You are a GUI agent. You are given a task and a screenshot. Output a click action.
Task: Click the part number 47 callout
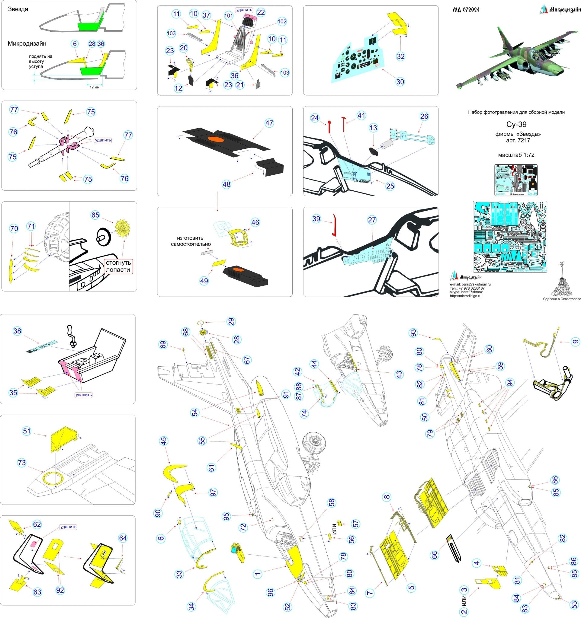269,123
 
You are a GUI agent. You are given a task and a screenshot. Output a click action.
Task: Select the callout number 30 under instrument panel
400,81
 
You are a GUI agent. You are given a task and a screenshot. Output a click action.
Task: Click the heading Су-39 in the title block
516,125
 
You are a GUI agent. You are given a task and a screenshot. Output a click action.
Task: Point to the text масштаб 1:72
516,155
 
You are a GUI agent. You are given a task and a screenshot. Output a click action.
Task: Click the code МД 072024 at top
466,10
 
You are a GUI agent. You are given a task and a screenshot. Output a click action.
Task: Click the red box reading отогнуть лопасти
118,266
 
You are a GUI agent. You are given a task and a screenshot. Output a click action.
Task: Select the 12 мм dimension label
95,87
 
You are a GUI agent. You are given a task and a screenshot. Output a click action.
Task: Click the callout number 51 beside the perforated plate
27,431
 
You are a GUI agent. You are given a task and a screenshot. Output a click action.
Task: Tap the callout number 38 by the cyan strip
18,331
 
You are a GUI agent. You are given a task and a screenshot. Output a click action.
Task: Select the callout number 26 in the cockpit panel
424,116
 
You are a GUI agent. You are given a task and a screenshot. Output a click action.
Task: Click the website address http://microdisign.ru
465,296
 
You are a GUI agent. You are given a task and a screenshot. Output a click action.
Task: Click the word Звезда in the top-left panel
18,9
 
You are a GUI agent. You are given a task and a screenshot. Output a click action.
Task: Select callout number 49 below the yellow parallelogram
204,281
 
